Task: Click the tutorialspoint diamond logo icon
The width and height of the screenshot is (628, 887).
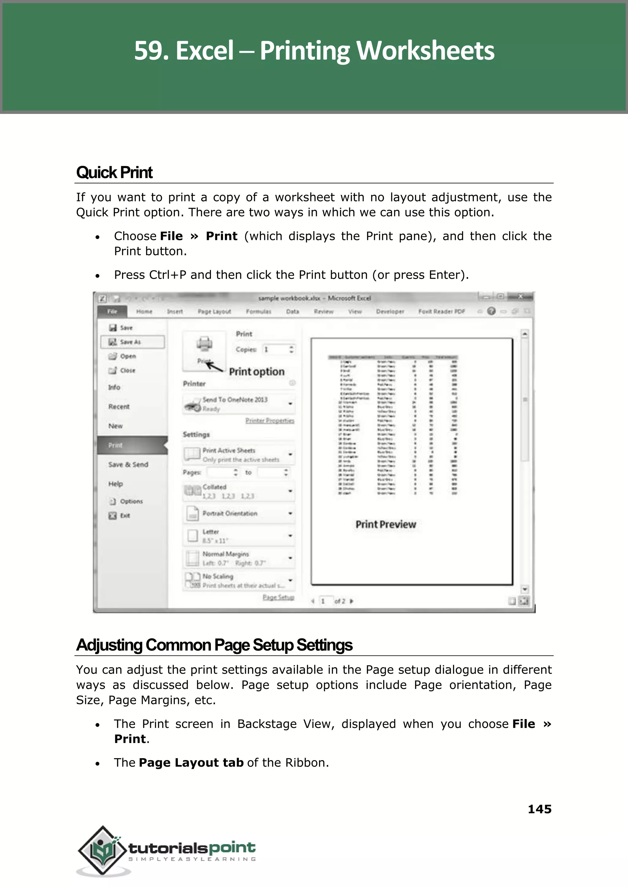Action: pos(102,850)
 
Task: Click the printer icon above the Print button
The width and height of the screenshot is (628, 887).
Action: pos(204,344)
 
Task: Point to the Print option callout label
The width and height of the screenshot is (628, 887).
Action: pos(256,371)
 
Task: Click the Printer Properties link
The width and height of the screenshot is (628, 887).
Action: pos(270,421)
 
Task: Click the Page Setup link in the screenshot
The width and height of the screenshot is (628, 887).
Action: pos(278,597)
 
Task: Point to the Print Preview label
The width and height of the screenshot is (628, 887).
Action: pos(385,524)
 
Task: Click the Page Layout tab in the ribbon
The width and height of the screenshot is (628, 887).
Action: pos(214,311)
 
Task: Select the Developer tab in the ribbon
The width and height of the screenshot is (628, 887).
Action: pos(390,311)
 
